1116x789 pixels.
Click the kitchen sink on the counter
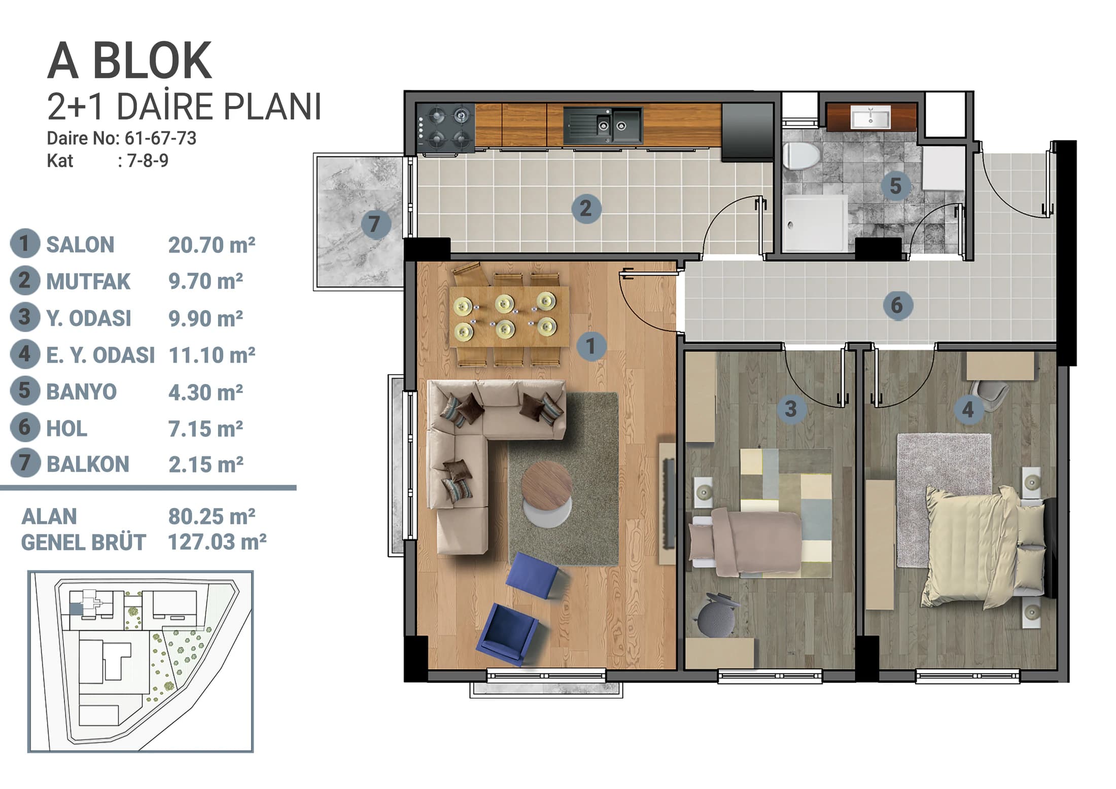pos(603,125)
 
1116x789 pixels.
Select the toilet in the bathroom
pos(801,155)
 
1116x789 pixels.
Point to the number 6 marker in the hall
pos(896,305)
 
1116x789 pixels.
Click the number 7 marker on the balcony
pos(375,224)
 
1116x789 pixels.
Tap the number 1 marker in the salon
pos(590,346)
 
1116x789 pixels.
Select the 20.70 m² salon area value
pos(212,245)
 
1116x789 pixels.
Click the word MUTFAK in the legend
pos(88,281)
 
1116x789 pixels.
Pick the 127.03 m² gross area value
pos(217,542)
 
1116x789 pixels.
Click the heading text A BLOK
pos(129,61)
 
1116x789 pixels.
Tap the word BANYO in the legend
pos(81,391)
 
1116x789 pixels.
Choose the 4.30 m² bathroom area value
pos(205,392)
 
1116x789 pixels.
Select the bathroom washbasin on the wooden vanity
pos(870,117)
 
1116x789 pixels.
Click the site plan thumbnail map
pos(141,661)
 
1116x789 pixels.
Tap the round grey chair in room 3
pos(716,616)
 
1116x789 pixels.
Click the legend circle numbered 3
pos(25,317)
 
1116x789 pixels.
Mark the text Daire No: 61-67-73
pos(121,138)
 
